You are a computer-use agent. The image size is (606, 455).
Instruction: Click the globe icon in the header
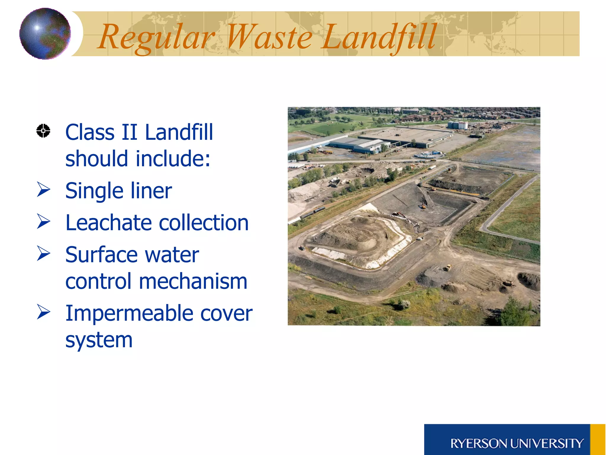coord(45,33)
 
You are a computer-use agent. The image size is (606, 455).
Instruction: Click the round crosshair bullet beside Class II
coord(43,131)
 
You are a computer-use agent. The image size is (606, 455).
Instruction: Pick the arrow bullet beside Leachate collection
coord(43,222)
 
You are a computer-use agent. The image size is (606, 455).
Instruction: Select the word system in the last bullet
coord(99,340)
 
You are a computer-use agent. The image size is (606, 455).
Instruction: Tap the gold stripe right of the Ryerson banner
coord(598,440)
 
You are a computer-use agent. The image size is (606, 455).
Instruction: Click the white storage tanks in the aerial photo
coord(457,125)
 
